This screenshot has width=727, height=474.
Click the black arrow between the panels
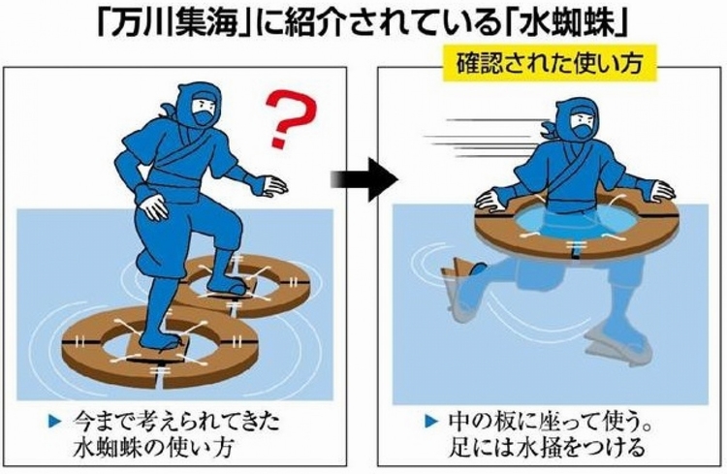click(x=364, y=179)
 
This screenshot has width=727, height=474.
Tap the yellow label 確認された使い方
click(x=550, y=63)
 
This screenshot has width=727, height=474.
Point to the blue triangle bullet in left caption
click(x=55, y=421)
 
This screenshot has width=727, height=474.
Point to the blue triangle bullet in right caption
click(x=431, y=421)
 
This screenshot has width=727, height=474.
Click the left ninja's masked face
click(x=205, y=109)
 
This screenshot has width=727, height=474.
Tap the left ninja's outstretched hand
click(x=271, y=185)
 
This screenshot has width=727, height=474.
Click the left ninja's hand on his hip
click(x=153, y=205)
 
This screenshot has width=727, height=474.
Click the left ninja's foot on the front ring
click(x=160, y=340)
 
